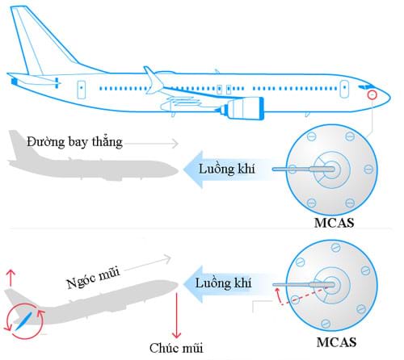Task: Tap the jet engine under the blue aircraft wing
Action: (x=242, y=108)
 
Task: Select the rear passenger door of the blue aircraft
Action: (x=82, y=89)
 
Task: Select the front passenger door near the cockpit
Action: (x=344, y=89)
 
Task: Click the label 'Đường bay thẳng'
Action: (x=74, y=142)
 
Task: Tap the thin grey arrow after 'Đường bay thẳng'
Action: (x=151, y=144)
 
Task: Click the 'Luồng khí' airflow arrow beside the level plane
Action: (x=228, y=170)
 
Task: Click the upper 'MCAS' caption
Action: (x=334, y=223)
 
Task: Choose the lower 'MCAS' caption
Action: (x=336, y=342)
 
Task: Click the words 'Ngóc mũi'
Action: (x=93, y=278)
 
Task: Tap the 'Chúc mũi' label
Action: (x=176, y=348)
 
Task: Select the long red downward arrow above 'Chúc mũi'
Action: (x=177, y=316)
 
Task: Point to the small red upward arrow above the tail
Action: (x=11, y=278)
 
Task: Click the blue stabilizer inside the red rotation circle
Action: (x=23, y=320)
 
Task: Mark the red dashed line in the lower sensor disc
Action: (x=305, y=296)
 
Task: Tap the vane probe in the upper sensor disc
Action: (x=304, y=170)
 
